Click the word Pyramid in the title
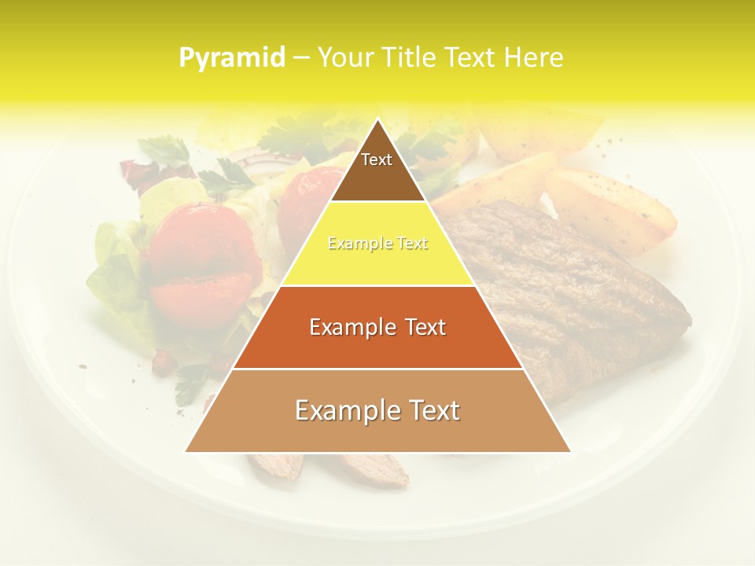point(232,58)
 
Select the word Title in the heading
point(411,58)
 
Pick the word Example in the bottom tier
point(342,410)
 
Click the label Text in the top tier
point(377,160)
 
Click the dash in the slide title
point(301,58)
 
